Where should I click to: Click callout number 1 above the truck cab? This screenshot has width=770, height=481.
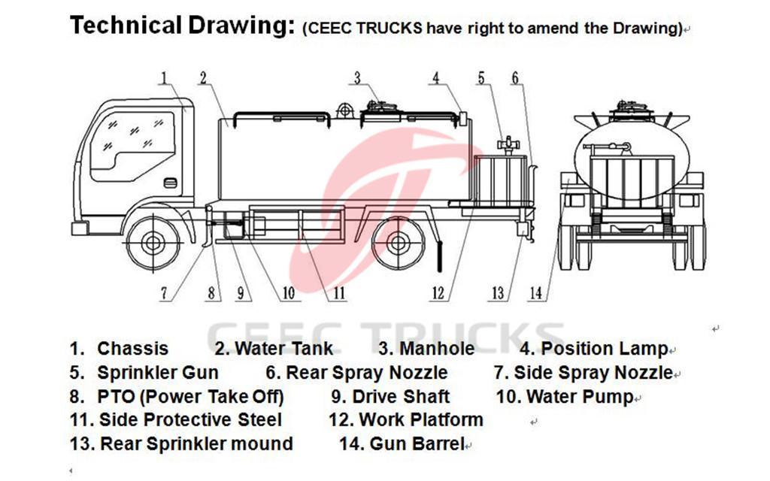click(x=165, y=77)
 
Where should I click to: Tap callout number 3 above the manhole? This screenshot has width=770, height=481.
click(x=358, y=77)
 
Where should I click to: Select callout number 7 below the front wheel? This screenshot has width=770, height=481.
click(x=164, y=294)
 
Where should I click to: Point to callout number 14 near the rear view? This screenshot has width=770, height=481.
click(x=535, y=294)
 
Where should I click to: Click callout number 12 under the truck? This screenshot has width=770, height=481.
click(x=438, y=294)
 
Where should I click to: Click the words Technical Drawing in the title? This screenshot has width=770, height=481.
click(x=180, y=26)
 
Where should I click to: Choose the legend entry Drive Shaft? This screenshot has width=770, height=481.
click(x=401, y=397)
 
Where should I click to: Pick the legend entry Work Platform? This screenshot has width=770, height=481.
click(x=420, y=420)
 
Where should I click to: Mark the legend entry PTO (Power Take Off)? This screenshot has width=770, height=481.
click(x=190, y=397)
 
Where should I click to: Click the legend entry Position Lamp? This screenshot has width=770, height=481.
click(x=604, y=349)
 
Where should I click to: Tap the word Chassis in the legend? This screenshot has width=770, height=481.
click(x=133, y=349)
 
